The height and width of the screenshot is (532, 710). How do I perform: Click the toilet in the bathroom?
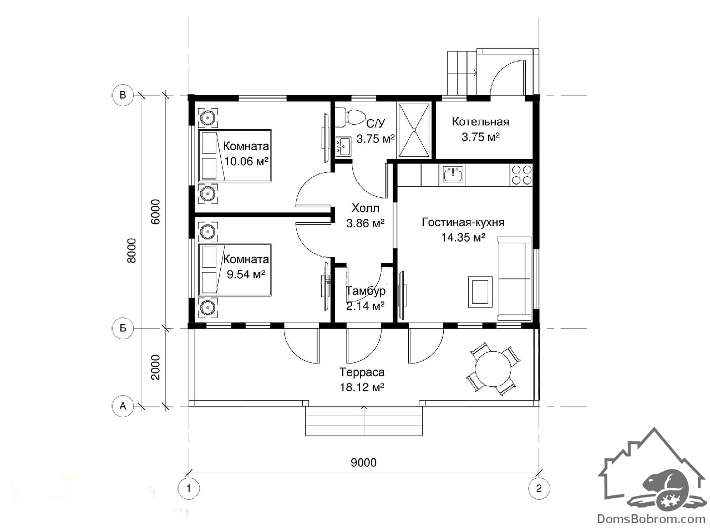[349, 117]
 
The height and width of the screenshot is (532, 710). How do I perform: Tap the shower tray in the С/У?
[414, 130]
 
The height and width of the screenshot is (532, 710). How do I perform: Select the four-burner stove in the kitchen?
[521, 175]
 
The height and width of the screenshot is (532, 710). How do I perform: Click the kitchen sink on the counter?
[452, 175]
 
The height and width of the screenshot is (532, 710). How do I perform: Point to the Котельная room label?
[480, 122]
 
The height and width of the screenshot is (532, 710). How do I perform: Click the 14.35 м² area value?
[463, 237]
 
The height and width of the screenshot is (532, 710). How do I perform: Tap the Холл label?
[365, 208]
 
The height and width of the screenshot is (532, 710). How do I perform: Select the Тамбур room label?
[366, 291]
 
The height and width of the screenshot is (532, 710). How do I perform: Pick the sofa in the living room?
[515, 278]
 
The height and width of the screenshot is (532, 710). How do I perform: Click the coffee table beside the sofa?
[480, 291]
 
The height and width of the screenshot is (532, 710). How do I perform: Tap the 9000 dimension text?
[363, 463]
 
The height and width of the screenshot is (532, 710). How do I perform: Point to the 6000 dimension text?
[155, 212]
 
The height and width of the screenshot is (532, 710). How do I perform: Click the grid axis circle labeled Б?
[123, 328]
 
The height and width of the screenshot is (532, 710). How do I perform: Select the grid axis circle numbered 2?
[539, 488]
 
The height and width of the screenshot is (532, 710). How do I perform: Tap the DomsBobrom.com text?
[651, 519]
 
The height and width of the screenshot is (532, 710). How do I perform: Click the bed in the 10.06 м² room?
[235, 156]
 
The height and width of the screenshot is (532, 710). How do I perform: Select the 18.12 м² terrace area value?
[362, 387]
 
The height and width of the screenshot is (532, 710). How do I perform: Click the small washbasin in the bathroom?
[343, 146]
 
